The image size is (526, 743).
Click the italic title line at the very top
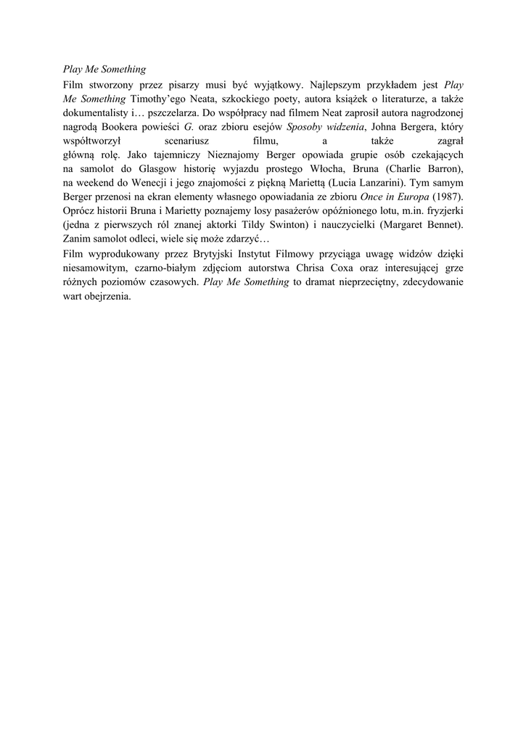[104, 70]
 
